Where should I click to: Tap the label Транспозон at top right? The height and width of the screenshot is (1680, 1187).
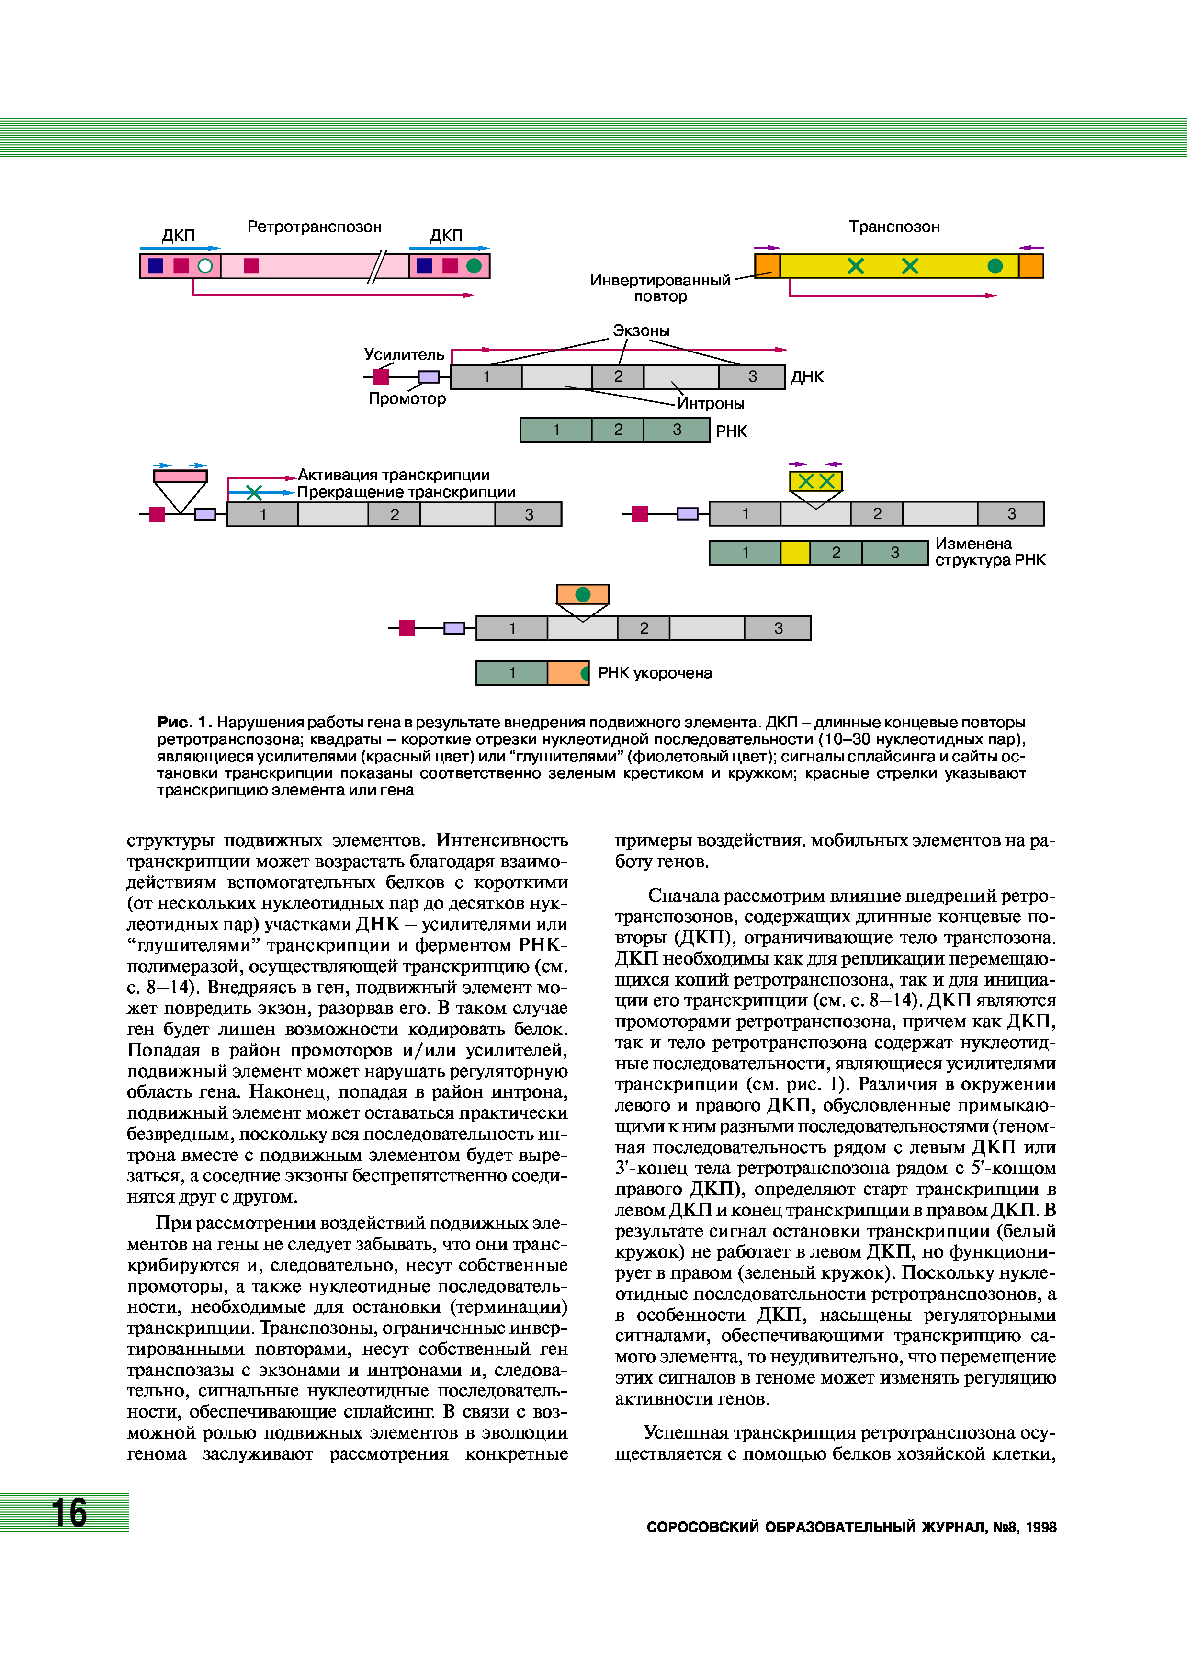[894, 227]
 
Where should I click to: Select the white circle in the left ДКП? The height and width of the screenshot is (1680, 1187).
[205, 266]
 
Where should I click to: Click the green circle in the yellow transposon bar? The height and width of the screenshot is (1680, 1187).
[995, 266]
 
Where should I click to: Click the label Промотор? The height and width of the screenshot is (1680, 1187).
[407, 399]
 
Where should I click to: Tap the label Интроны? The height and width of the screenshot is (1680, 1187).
[710, 403]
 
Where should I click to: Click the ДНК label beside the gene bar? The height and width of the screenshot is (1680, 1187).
[807, 377]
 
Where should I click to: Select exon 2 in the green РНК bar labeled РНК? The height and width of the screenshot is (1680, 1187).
[618, 430]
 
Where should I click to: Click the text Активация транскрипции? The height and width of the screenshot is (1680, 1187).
[394, 475]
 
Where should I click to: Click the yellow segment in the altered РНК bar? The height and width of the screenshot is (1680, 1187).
[795, 553]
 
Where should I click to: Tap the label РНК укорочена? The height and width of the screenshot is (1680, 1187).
[655, 673]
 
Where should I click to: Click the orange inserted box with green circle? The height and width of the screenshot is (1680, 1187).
[583, 594]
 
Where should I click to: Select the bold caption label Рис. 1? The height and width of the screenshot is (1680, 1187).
[184, 722]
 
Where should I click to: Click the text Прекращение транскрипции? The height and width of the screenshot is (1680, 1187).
[406, 492]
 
